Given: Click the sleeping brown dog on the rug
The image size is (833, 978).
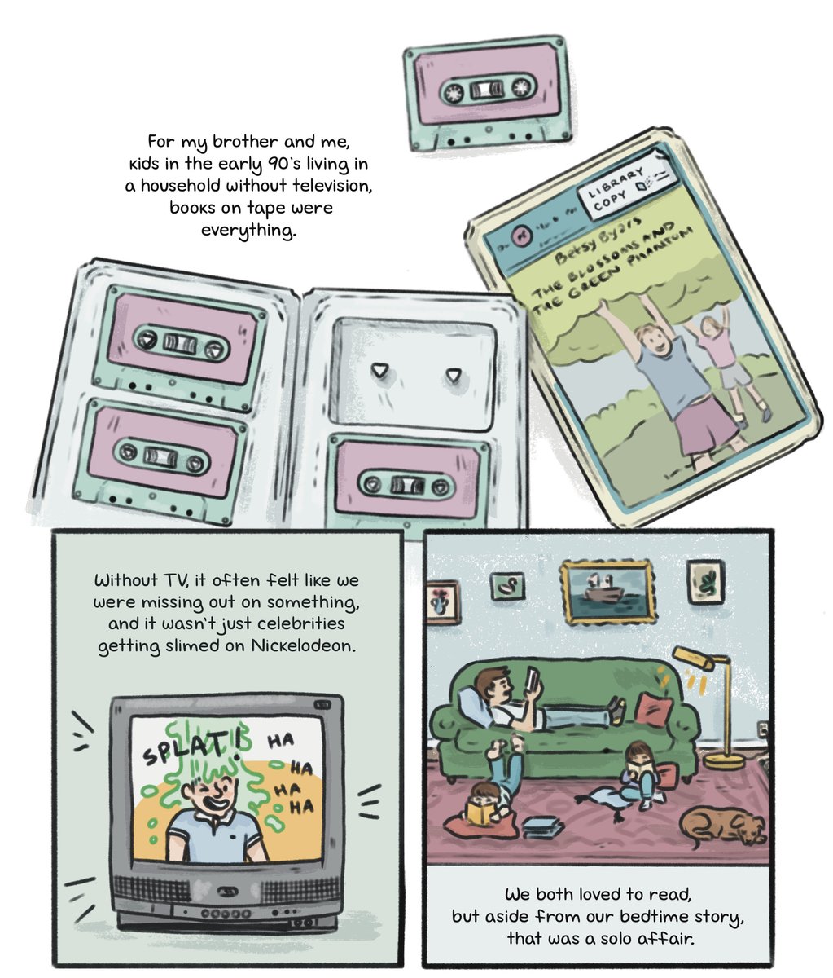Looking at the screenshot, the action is pos(722,826).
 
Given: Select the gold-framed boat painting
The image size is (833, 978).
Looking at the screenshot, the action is pos(608,593).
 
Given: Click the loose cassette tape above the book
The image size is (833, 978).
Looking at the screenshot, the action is pos(488,92).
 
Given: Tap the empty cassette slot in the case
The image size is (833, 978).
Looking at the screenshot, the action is pos(413,374).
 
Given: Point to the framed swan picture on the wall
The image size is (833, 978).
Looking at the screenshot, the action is pos(507,586).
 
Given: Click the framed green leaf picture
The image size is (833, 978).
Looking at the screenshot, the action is pos(705,582).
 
